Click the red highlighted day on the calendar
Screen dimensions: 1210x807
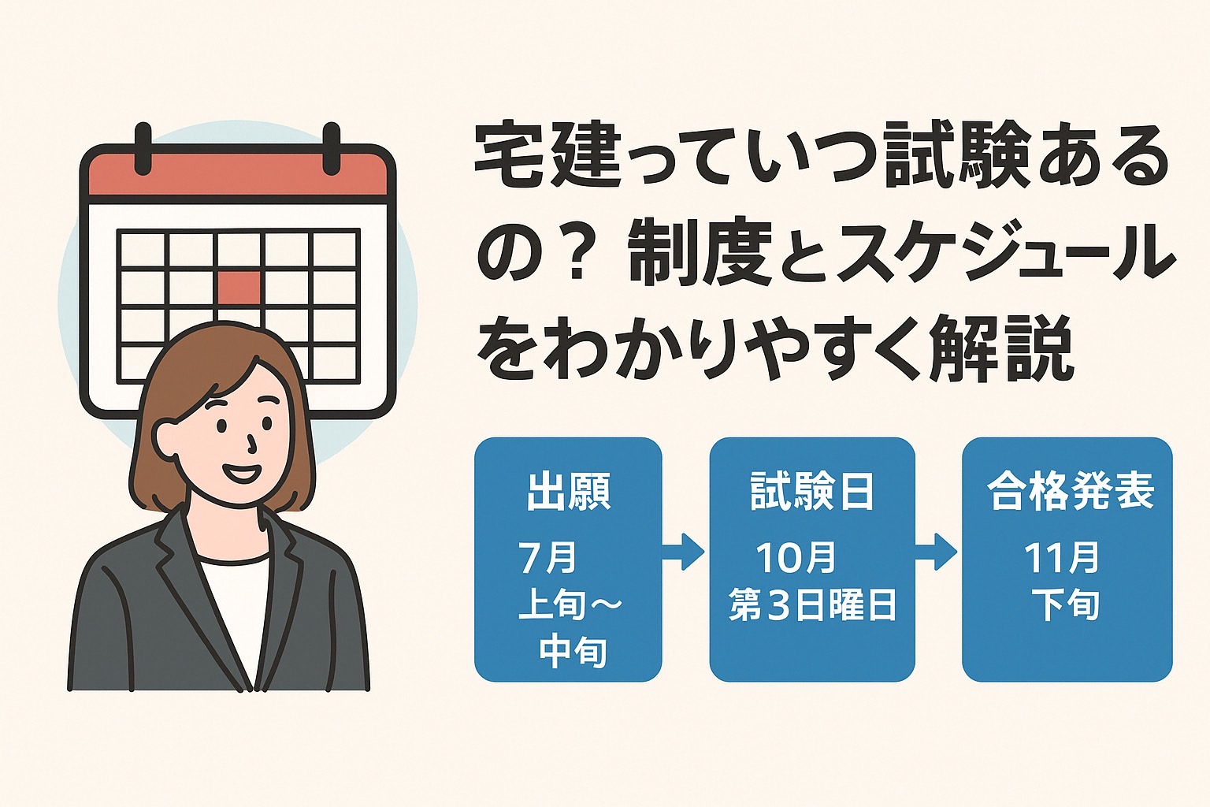pyautogui.click(x=239, y=288)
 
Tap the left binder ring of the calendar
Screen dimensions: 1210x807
pyautogui.click(x=143, y=149)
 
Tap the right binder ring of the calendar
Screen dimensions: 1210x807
pyautogui.click(x=331, y=149)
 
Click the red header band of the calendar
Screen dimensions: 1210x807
pyautogui.click(x=238, y=172)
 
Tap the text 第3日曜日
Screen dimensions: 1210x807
pyautogui.click(x=812, y=604)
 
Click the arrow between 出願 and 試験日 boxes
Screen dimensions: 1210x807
pyautogui.click(x=683, y=552)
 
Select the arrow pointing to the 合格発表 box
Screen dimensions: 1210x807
pyautogui.click(x=936, y=552)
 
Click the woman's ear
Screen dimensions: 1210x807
pyautogui.click(x=162, y=435)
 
